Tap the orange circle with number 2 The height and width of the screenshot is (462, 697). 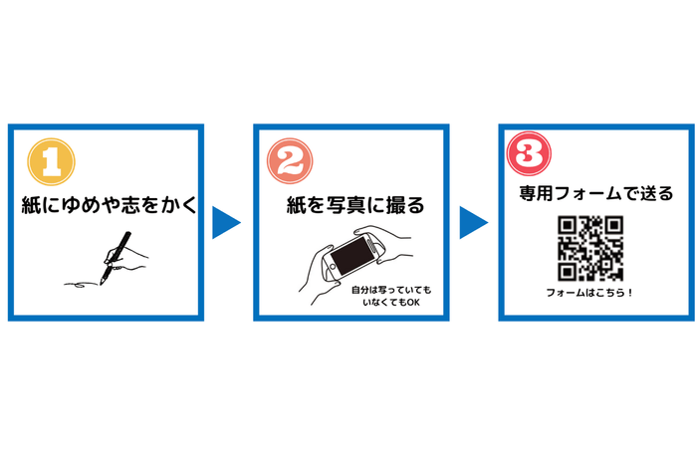[291, 159]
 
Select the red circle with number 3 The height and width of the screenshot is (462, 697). [527, 155]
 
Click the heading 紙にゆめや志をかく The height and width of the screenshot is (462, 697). [107, 207]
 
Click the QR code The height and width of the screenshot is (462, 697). [590, 247]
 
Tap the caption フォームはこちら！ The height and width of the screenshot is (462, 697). [590, 293]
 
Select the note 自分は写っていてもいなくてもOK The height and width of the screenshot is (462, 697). [393, 296]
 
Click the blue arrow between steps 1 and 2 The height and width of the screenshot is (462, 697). [227, 223]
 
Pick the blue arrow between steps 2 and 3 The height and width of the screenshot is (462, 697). [472, 223]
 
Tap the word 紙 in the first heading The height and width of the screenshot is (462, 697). [31, 207]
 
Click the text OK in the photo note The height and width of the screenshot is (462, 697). [411, 303]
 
